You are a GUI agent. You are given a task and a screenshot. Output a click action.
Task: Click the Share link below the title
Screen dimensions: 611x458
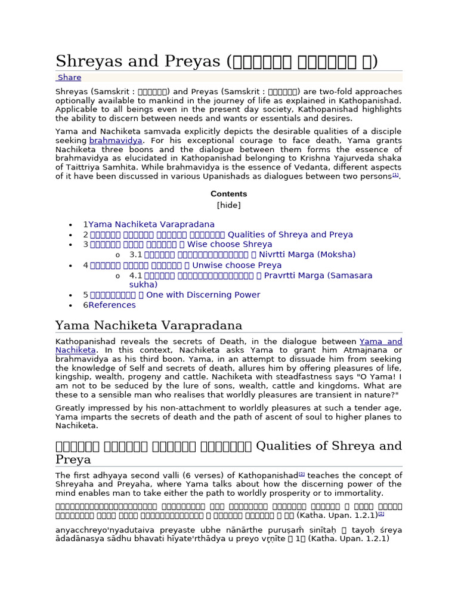pyautogui.click(x=69, y=78)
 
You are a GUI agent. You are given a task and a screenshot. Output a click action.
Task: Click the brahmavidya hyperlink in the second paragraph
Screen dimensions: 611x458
pyautogui.click(x=116, y=140)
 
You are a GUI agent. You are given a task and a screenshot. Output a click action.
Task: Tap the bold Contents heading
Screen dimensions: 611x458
pyautogui.click(x=228, y=194)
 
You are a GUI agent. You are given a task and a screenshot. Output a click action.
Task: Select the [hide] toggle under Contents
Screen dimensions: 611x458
pyautogui.click(x=228, y=205)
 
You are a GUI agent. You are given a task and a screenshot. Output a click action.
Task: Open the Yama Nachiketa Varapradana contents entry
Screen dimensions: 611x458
pyautogui.click(x=151, y=224)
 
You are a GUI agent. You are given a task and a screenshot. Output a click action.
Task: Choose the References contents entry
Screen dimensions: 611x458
pyautogui.click(x=112, y=305)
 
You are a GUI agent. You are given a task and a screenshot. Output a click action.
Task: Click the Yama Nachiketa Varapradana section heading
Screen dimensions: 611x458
pyautogui.click(x=148, y=325)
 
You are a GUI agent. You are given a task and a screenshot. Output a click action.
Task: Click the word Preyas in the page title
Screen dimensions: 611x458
pyautogui.click(x=191, y=61)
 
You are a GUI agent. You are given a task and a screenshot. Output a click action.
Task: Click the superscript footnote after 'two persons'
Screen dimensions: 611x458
pyautogui.click(x=395, y=175)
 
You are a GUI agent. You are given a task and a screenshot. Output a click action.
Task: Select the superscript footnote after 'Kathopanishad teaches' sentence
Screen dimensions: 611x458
pyautogui.click(x=302, y=474)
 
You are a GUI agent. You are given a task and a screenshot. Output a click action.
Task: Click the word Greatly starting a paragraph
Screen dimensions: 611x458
pyautogui.click(x=72, y=408)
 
